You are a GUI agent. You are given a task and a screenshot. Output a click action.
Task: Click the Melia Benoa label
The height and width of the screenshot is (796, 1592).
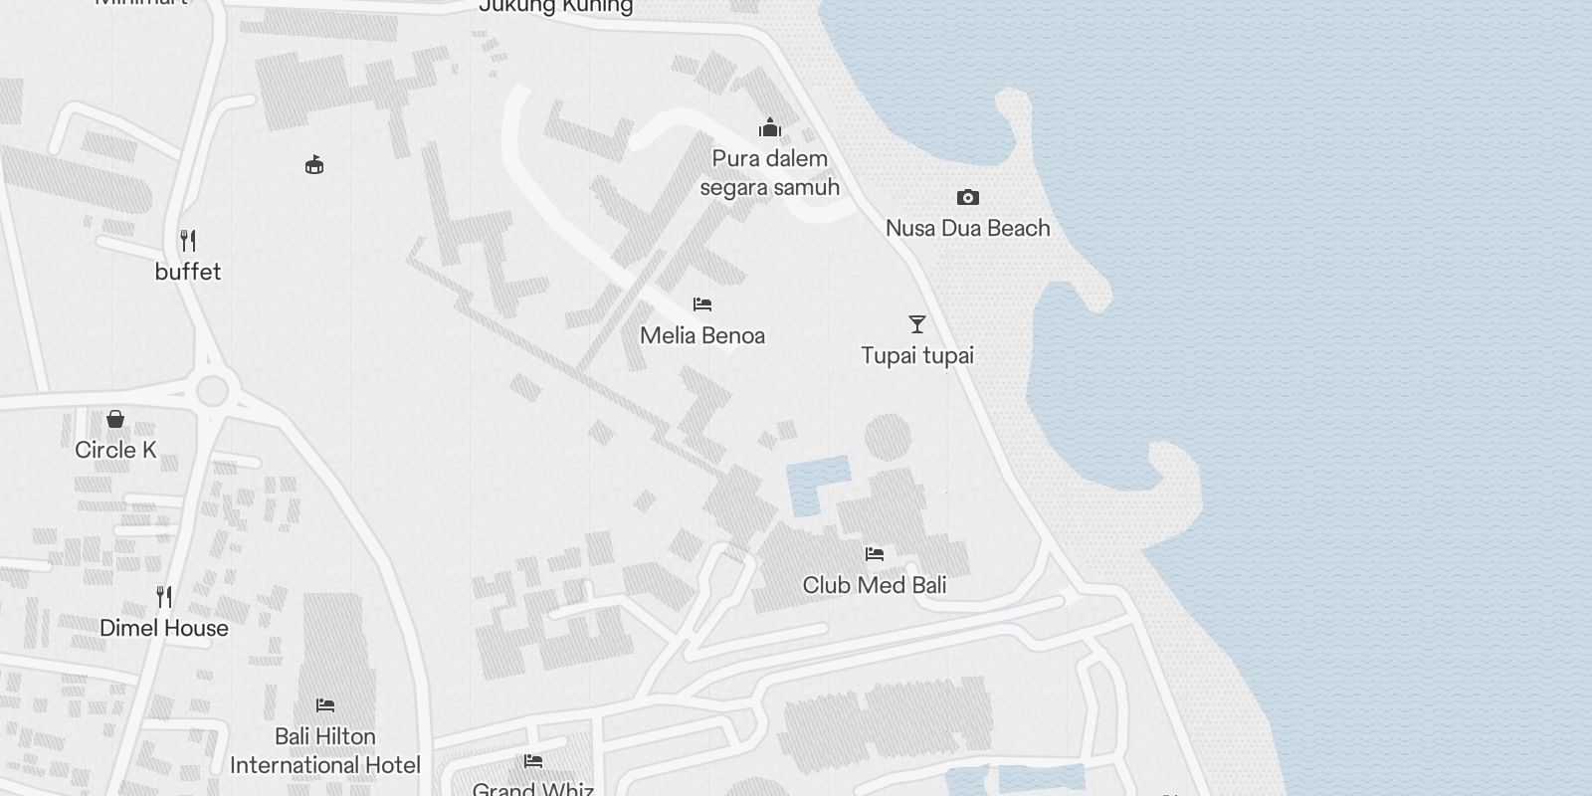tap(702, 335)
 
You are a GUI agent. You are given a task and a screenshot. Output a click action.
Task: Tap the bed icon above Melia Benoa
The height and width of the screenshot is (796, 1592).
tap(702, 303)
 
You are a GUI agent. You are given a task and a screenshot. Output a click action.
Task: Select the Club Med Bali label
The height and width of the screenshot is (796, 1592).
tap(875, 585)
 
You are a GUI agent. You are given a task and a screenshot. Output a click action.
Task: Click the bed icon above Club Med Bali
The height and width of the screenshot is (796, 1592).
tap(875, 553)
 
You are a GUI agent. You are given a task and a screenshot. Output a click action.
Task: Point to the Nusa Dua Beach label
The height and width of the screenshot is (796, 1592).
tap(967, 228)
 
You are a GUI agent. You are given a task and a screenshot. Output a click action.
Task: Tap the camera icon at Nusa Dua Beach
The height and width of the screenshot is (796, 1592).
tap(967, 197)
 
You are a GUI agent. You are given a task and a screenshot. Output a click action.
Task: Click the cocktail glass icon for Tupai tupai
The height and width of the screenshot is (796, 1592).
tap(917, 324)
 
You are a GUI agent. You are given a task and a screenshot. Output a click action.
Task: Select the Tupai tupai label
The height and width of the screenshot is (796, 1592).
tap(917, 355)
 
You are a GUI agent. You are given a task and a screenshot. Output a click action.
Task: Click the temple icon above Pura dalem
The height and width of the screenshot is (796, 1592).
tap(769, 127)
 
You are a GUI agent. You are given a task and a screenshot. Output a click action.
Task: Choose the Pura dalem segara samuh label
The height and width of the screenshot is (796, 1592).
tap(769, 173)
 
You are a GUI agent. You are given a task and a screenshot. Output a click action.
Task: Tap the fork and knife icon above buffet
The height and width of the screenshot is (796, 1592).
tap(188, 240)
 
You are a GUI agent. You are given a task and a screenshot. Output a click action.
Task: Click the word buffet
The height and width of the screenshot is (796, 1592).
tap(188, 272)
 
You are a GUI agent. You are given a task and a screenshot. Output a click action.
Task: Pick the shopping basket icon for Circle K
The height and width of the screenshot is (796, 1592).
tap(115, 418)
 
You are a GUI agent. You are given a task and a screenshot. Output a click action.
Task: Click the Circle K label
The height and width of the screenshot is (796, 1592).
tap(115, 450)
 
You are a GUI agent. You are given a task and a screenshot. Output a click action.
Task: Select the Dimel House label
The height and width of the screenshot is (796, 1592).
tap(164, 628)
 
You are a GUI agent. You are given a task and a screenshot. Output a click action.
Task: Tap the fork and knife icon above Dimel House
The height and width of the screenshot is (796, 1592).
tap(164, 597)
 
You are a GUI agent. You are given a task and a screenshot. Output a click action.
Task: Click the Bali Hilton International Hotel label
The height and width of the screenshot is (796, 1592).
tap(325, 750)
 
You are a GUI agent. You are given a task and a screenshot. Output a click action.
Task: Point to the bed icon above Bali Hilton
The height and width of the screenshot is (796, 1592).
tap(325, 705)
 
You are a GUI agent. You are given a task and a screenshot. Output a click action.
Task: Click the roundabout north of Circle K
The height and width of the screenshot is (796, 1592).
tap(212, 391)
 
